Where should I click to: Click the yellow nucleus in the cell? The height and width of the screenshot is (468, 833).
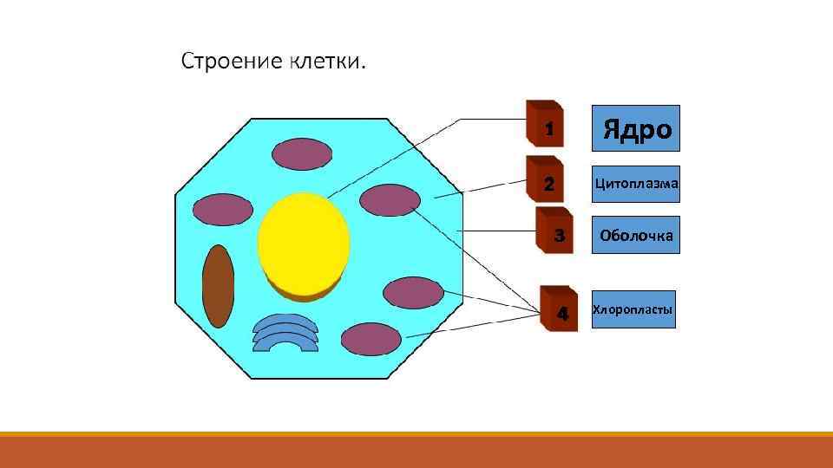[x=304, y=241]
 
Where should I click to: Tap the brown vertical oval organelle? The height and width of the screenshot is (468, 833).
[x=218, y=287]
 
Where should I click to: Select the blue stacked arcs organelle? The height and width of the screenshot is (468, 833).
[x=285, y=334]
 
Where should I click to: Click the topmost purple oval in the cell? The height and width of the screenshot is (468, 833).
[x=301, y=155]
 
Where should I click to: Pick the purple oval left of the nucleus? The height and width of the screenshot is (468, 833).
[x=222, y=209]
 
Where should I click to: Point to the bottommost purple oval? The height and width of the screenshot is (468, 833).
[x=371, y=339]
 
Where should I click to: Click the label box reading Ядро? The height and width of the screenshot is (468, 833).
[x=636, y=129]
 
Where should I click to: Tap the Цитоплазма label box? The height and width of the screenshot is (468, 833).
[x=636, y=184]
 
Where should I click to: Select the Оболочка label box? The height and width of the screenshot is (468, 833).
[x=636, y=235]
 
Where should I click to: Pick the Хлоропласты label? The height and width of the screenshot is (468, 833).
[x=633, y=309]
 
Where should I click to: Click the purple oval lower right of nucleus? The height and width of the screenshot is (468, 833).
[x=413, y=293]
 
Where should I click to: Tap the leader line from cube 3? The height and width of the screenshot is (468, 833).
[x=499, y=231]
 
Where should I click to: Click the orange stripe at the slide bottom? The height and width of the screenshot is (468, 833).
[x=416, y=451]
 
